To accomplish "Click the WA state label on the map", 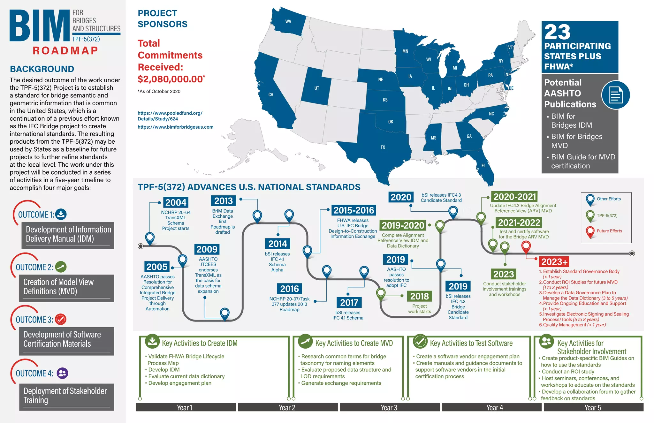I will pyautogui.click(x=288, y=22).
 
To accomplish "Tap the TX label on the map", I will pyautogui.click(x=383, y=147).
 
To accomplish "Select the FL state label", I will pyautogui.click(x=483, y=165).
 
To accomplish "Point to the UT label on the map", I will pyautogui.click(x=316, y=88).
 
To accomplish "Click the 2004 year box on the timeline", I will pyautogui.click(x=176, y=202).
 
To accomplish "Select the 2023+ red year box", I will pyautogui.click(x=554, y=262).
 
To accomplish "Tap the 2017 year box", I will pyautogui.click(x=349, y=302).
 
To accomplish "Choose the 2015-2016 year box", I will pyautogui.click(x=354, y=210).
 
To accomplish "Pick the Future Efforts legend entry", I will pyautogui.click(x=609, y=231).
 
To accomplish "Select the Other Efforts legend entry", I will pyautogui.click(x=608, y=199).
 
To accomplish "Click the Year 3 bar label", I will pyautogui.click(x=389, y=408).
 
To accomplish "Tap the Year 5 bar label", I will pyautogui.click(x=593, y=408).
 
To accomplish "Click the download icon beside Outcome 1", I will pyautogui.click(x=61, y=214).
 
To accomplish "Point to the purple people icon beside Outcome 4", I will pyautogui.click(x=62, y=373).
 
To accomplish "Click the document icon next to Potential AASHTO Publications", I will pyautogui.click(x=615, y=95).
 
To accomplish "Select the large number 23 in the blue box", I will pyautogui.click(x=557, y=32).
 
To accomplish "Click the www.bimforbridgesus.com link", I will pyautogui.click(x=175, y=127).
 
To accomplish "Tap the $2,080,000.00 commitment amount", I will pyautogui.click(x=170, y=79).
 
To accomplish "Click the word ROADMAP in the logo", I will pyautogui.click(x=65, y=51).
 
